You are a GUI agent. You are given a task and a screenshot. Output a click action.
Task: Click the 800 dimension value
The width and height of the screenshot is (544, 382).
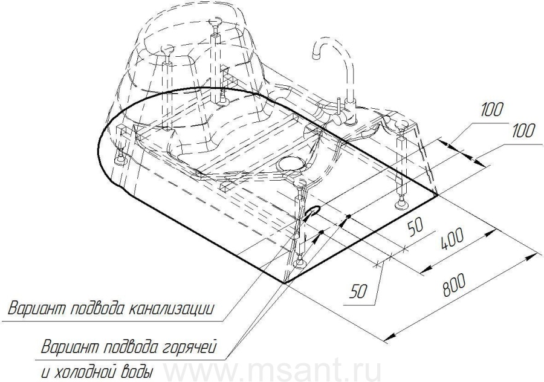point(454,285)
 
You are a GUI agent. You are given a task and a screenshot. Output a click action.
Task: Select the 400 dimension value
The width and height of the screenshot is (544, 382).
point(452,239)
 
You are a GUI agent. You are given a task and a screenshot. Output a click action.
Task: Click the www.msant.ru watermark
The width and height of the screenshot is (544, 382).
point(272,371)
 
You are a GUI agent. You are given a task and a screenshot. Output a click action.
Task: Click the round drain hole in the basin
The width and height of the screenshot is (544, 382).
point(292,163)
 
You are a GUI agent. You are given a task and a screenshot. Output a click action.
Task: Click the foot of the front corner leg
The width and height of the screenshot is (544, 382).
point(299,264)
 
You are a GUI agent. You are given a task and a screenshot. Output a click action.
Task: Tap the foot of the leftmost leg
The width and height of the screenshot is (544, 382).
point(120,160)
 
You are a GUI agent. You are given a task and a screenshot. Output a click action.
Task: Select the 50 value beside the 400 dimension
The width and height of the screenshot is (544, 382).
point(416,228)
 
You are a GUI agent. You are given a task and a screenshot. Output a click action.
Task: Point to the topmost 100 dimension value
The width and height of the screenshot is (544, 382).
point(492,109)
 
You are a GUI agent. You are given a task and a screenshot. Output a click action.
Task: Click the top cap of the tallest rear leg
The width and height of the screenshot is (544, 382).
point(215,23)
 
